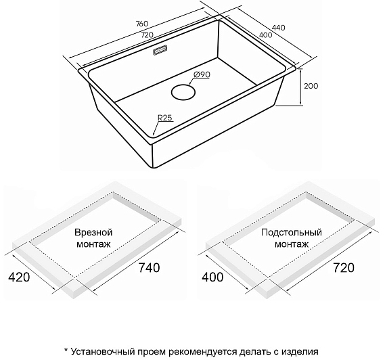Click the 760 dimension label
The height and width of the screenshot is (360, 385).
click(x=142, y=24)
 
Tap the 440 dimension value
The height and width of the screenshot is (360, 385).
click(x=279, y=28)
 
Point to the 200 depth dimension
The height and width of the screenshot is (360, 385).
click(x=311, y=86)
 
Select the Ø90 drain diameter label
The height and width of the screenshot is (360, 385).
click(x=202, y=74)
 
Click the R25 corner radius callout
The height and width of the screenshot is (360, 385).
click(x=164, y=118)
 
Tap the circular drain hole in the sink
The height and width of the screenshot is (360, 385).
click(x=183, y=92)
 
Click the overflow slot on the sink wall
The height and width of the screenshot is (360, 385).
click(x=160, y=50)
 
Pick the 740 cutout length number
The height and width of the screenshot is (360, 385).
click(x=150, y=267)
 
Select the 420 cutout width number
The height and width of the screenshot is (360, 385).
click(x=19, y=277)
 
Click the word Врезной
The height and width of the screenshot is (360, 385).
click(x=93, y=232)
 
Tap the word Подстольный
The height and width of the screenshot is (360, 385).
click(x=292, y=232)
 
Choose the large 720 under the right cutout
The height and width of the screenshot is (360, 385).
click(x=344, y=267)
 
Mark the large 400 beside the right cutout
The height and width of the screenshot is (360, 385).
click(x=212, y=277)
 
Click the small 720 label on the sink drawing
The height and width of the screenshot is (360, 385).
click(x=147, y=35)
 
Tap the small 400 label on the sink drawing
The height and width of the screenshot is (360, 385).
click(x=266, y=35)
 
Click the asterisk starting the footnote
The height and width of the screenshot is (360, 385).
click(x=66, y=350)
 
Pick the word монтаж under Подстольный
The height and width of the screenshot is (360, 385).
click(x=292, y=244)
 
